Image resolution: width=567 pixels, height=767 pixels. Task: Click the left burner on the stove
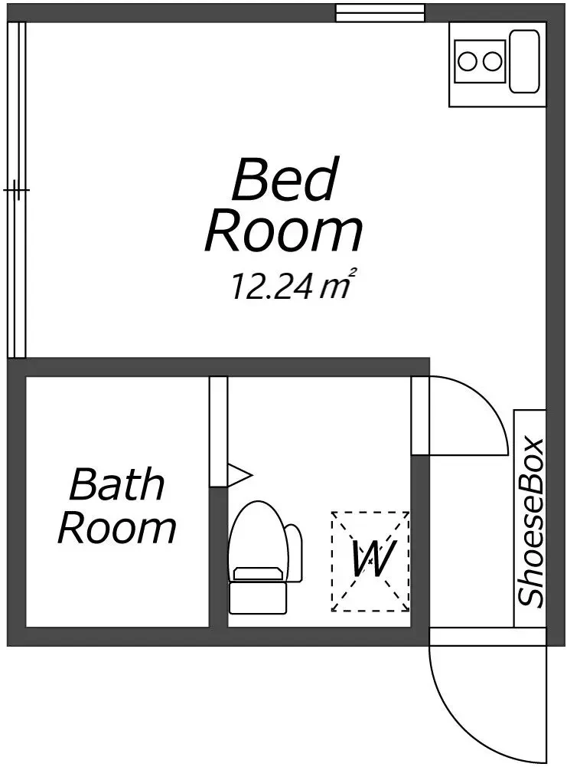468,61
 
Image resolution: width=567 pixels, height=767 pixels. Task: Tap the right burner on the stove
491,61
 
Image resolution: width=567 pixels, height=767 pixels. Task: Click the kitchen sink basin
524,61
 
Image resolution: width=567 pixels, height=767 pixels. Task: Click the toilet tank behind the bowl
294,552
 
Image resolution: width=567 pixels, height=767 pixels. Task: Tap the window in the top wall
380,13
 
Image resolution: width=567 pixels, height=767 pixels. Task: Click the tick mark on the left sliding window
16,190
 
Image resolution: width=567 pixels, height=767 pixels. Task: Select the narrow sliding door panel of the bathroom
219,431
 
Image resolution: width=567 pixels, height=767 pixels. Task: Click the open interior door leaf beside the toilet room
420,415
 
